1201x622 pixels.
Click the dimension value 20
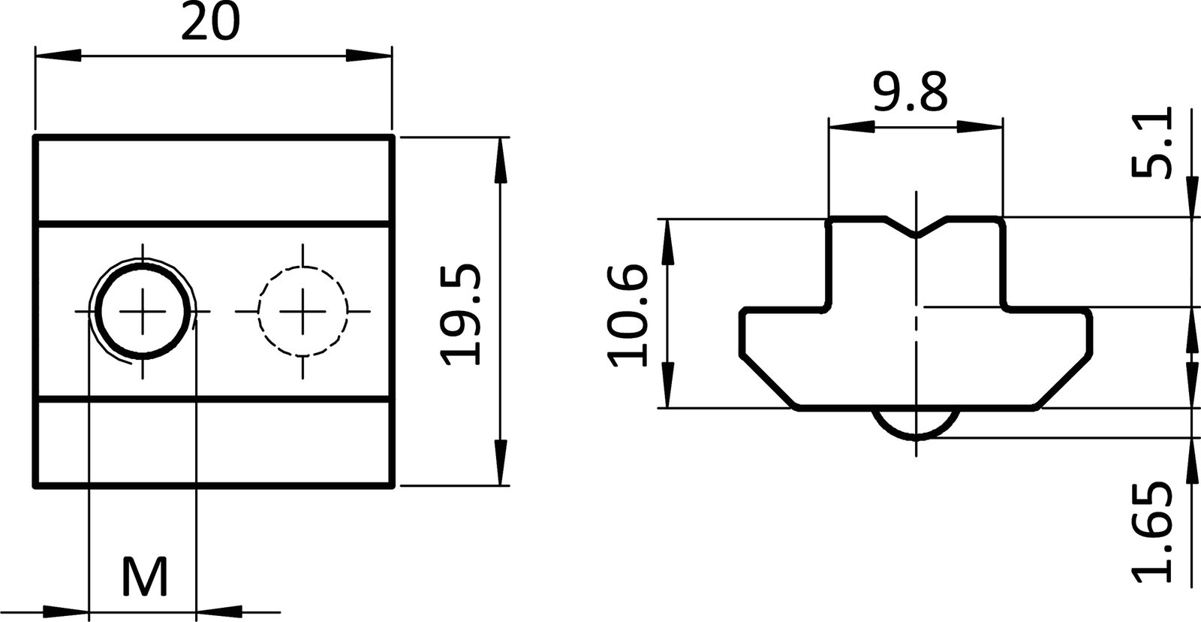(211, 23)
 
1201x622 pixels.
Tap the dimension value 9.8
(911, 93)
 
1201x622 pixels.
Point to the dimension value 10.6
(627, 313)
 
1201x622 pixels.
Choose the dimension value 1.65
(1151, 533)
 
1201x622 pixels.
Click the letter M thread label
(144, 578)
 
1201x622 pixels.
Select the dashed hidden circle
(303, 310)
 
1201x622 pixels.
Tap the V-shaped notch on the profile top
(916, 229)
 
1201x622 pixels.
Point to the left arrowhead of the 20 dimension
(57, 56)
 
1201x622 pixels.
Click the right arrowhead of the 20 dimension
(369, 56)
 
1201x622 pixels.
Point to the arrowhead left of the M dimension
(66, 611)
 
